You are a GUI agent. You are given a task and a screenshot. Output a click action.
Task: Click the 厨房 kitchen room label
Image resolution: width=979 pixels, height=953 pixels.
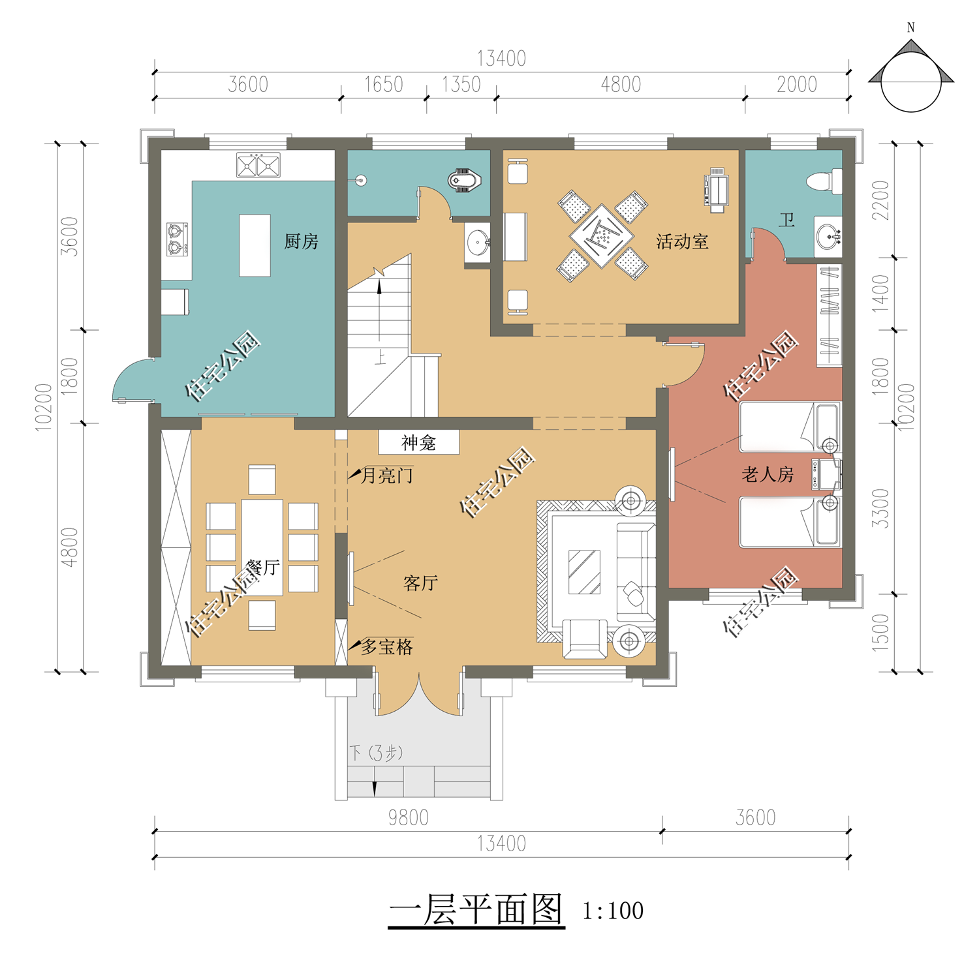tap(301, 241)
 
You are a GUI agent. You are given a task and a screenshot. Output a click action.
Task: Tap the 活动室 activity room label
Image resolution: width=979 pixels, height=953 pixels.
tap(682, 241)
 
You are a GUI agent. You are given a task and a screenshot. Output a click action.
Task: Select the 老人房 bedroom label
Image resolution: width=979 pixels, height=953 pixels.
tap(768, 474)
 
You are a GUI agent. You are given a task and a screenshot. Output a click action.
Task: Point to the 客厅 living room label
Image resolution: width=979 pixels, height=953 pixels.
tap(420, 582)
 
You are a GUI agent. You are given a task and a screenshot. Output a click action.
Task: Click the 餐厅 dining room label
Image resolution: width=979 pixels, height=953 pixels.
tap(263, 567)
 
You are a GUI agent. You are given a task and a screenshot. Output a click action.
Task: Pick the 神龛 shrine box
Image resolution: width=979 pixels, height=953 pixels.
tap(419, 442)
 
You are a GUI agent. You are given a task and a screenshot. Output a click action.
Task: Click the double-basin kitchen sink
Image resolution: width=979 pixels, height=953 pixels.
tap(258, 165)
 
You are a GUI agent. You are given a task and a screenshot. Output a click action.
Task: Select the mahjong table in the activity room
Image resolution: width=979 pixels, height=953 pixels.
tap(602, 235)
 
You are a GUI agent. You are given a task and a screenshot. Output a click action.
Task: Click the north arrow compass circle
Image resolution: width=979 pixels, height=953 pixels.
tap(911, 82)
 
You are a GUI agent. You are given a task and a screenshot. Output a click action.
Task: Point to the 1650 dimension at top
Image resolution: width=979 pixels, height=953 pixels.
tap(383, 85)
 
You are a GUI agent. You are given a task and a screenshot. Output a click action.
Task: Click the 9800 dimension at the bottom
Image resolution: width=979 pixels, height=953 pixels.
tap(408, 818)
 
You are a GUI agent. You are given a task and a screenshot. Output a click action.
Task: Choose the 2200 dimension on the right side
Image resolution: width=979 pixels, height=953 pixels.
tap(880, 200)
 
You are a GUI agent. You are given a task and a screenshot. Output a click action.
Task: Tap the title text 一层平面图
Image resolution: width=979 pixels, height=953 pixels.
tap(476, 909)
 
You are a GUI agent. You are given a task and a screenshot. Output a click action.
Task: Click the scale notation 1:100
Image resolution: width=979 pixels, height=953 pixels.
tap(613, 911)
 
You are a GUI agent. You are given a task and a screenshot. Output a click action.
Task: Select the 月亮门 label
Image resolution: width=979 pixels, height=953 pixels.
tap(386, 476)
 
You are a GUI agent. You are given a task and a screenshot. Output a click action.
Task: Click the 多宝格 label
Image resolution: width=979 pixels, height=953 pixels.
tap(387, 647)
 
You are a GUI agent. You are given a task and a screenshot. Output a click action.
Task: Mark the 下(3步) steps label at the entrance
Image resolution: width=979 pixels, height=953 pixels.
tap(376, 753)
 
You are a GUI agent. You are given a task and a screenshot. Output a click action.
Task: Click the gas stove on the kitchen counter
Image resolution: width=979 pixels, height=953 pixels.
tap(177, 239)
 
